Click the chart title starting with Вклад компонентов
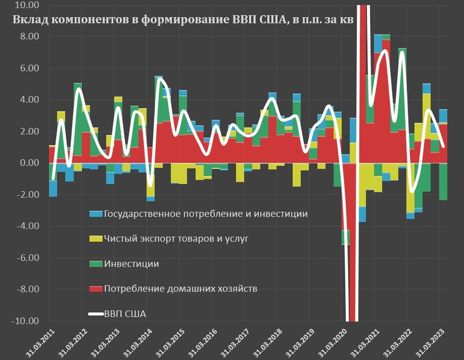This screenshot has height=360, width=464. pos(182,20)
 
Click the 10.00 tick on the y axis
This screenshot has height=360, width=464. pos(28,5)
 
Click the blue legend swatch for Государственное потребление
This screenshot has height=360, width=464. pos(96,214)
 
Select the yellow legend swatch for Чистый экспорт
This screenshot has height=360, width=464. pos(96,239)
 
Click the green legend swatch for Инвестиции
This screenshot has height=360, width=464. pos(96,264)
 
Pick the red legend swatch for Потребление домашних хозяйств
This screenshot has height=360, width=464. pos(96,289)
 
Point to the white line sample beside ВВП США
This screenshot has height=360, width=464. pos(96,314)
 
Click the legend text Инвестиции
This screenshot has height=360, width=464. pos(131,264)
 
